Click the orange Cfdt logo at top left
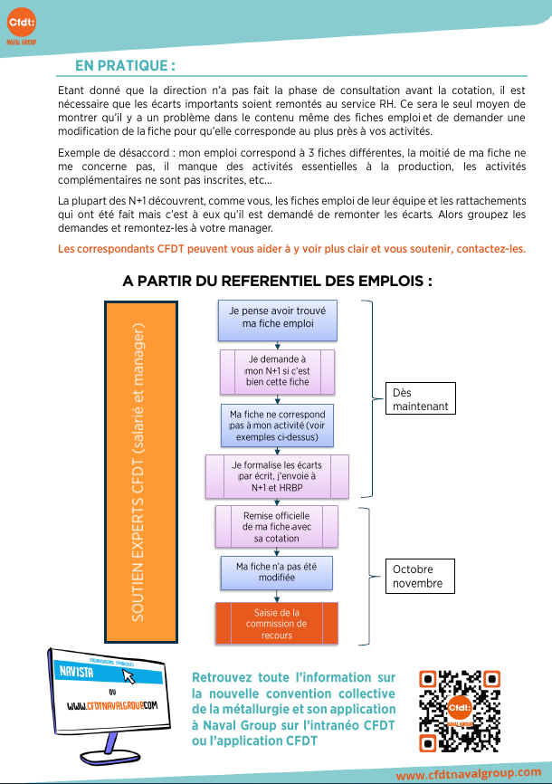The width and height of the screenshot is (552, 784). [22, 23]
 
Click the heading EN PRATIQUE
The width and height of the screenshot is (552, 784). [125, 65]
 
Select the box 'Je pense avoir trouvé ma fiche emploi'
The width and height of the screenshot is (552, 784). [278, 320]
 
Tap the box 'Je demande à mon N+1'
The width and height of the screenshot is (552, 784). [278, 372]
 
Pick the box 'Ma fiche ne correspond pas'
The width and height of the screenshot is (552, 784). [278, 425]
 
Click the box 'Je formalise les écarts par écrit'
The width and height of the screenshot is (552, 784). [277, 476]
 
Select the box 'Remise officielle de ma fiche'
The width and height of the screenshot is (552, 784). [277, 527]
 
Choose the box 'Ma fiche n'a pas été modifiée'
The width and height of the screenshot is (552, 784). [277, 572]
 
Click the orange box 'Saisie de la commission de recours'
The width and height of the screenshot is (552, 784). [277, 623]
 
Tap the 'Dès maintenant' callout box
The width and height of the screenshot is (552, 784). [421, 398]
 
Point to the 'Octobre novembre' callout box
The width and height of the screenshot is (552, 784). [420, 576]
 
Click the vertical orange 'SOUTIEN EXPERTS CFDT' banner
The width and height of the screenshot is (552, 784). [141, 472]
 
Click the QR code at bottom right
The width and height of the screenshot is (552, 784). [460, 711]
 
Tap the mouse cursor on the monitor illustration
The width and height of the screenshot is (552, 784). [129, 676]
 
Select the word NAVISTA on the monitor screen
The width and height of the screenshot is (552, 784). [76, 672]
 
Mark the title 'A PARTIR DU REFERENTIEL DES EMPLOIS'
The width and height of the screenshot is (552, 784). [278, 281]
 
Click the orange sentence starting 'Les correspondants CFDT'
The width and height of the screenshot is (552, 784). [292, 249]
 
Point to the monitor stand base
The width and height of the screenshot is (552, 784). [111, 756]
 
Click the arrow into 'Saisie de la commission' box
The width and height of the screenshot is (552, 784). [277, 597]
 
